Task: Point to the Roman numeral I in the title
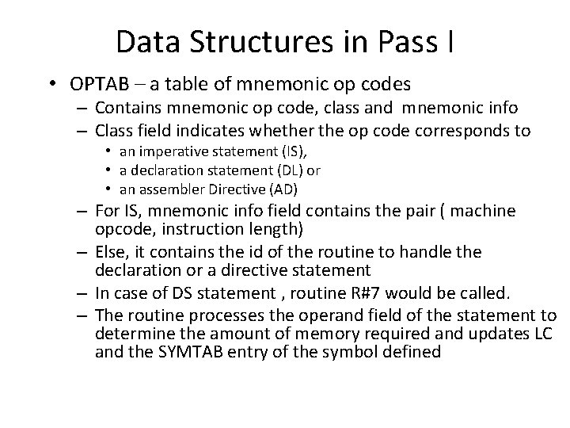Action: [449, 42]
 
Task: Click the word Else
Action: [112, 251]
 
